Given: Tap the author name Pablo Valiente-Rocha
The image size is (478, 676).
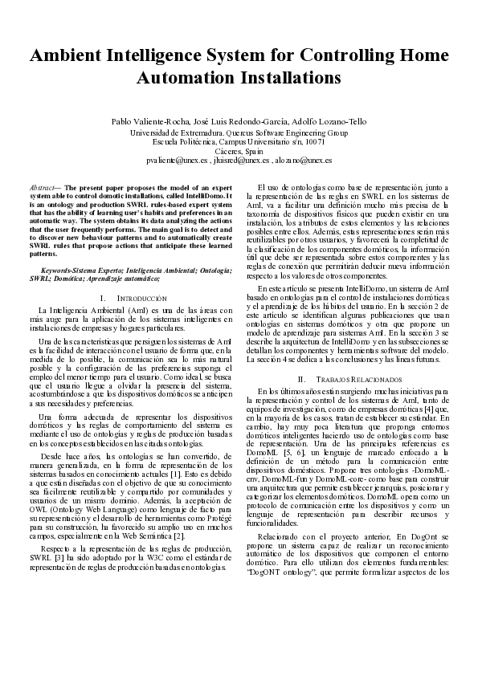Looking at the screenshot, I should coord(149,121).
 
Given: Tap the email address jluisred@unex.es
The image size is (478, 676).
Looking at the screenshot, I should coord(238,161).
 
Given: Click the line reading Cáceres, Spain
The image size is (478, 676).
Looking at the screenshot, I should coord(239,151).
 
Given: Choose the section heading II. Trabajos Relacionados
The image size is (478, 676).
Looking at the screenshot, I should coord(348,378).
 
